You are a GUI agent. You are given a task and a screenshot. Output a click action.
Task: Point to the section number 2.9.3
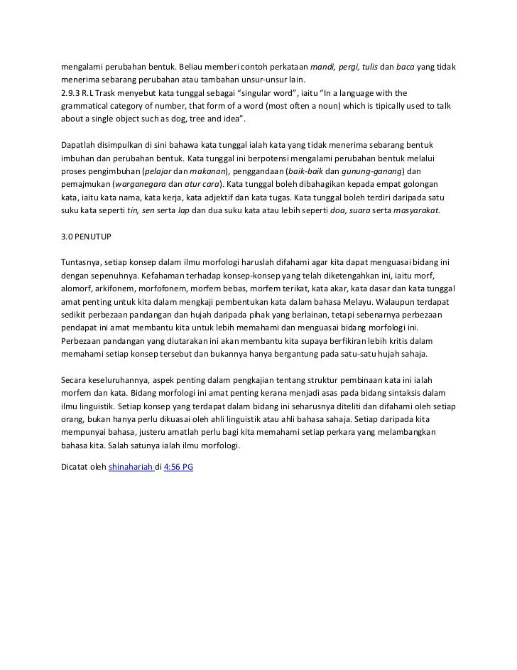(71, 93)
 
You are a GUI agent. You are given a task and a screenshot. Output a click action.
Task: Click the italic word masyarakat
(415, 210)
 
